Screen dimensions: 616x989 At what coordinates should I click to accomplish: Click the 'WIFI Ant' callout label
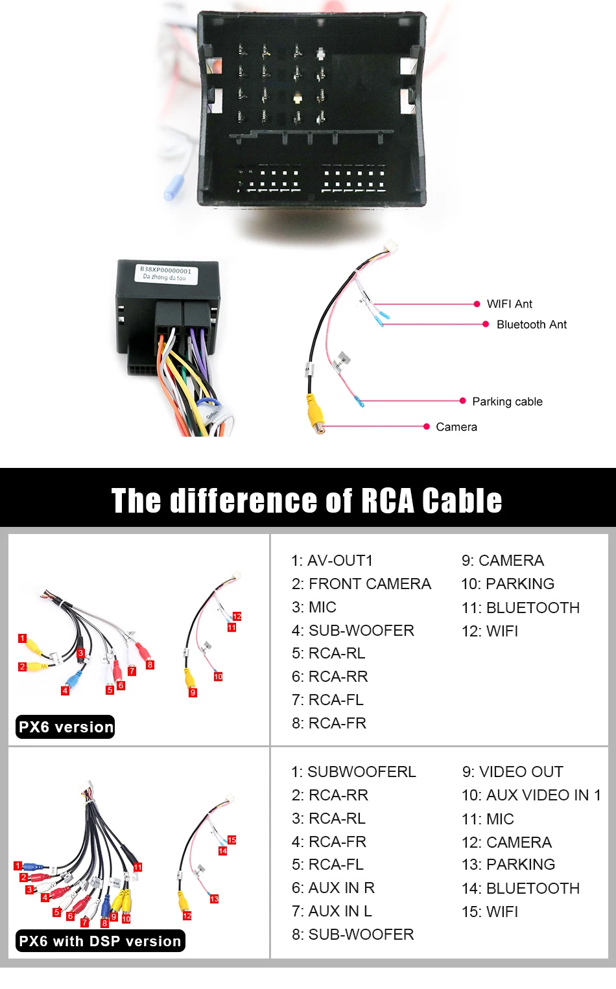509,304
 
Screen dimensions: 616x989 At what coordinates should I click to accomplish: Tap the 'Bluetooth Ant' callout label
531,325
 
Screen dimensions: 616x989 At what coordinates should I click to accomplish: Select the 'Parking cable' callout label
507,402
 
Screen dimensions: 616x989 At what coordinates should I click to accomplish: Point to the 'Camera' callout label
456,427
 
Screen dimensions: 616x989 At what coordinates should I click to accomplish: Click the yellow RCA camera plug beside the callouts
316,415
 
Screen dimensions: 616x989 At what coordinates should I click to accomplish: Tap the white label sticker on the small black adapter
165,273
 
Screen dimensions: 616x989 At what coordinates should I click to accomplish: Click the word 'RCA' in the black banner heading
386,501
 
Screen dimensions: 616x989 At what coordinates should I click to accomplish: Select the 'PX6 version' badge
65,727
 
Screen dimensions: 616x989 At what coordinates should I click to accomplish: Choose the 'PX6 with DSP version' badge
100,941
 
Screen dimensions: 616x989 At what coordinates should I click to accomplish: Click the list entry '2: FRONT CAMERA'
361,584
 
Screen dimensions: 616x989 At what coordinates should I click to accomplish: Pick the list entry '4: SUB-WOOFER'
353,631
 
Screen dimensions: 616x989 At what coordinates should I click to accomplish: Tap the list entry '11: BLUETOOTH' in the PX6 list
520,608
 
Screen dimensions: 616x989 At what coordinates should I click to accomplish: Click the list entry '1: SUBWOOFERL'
353,772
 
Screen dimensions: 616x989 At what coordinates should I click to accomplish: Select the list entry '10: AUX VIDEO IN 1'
531,795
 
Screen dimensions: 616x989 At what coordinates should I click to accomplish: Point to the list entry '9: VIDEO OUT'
512,772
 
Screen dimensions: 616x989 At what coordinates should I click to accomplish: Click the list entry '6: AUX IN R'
333,888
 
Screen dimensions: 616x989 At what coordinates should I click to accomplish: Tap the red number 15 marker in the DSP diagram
231,840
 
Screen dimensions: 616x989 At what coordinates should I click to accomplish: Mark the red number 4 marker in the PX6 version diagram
65,691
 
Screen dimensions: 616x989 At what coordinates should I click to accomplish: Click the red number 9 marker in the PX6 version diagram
193,693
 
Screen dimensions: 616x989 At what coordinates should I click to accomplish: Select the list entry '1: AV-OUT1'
332,561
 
